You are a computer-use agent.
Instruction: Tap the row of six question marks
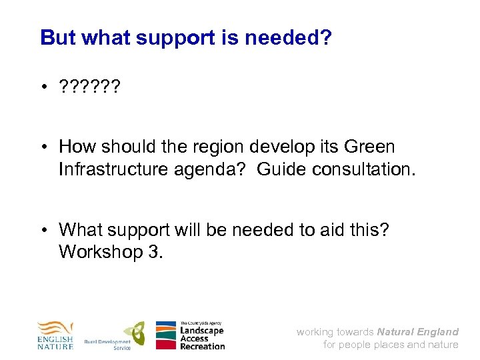coord(89,87)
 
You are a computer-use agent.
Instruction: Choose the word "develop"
coord(301,147)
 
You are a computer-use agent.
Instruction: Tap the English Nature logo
coord(55,335)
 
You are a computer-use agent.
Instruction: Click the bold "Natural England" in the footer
coord(418,331)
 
